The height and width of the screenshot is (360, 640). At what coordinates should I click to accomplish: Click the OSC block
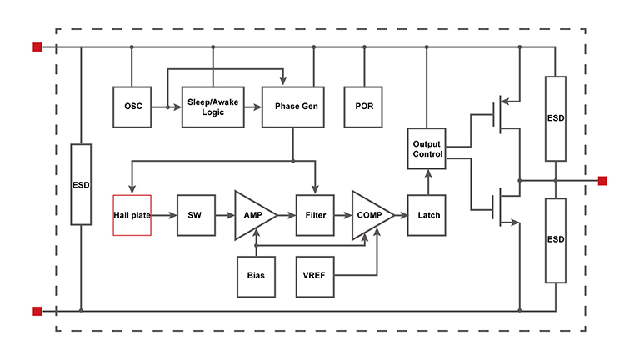click(132, 107)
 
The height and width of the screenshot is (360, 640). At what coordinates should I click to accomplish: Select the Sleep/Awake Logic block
click(212, 107)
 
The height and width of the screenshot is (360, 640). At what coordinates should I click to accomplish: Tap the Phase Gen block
click(292, 107)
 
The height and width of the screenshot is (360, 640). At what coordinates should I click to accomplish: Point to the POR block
click(364, 107)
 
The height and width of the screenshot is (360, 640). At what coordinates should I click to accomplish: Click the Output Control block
click(427, 149)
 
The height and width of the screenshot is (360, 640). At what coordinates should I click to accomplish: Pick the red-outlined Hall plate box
click(132, 215)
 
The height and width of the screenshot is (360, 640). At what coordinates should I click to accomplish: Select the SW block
click(195, 215)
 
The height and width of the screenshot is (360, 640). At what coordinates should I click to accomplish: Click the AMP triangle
click(252, 215)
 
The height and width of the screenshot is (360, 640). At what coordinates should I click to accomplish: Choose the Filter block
click(315, 215)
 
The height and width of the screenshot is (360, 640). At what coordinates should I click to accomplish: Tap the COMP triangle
click(369, 215)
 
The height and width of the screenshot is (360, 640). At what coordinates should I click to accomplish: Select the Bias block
click(256, 275)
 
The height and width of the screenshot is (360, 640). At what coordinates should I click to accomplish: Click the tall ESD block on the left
click(81, 183)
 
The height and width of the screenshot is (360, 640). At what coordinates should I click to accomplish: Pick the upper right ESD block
click(555, 117)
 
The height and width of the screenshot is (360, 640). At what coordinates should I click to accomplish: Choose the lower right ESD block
click(555, 240)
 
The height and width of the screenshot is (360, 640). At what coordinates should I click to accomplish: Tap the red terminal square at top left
click(37, 47)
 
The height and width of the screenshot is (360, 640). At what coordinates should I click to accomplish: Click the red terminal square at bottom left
click(37, 311)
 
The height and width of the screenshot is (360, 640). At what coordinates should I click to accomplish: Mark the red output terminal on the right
click(602, 180)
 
